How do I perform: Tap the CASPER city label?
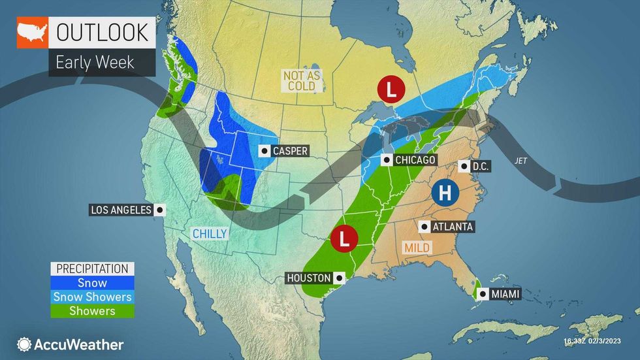(x=290, y=151)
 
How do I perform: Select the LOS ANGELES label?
(x=121, y=210)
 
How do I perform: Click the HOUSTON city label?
(x=309, y=278)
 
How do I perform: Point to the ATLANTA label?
(x=452, y=227)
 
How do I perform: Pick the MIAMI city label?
(x=506, y=294)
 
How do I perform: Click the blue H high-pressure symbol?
(x=445, y=193)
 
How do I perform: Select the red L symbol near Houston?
(x=344, y=238)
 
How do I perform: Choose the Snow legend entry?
(x=92, y=283)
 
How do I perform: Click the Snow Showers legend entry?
(x=92, y=297)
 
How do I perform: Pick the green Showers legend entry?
(x=92, y=310)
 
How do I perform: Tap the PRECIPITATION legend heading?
(x=92, y=269)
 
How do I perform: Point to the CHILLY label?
(x=209, y=234)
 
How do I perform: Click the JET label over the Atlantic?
(x=520, y=159)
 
